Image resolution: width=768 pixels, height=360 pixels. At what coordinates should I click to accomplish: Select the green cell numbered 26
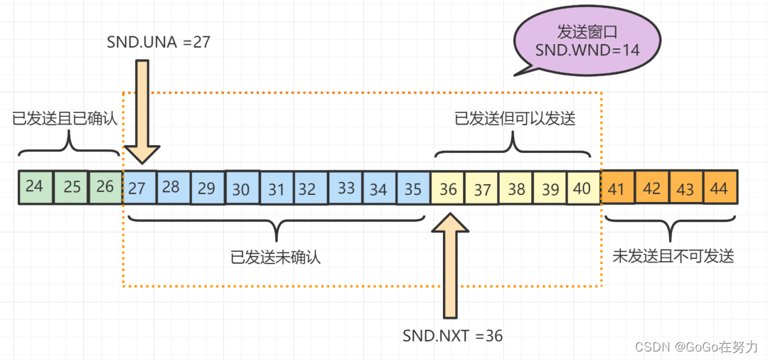(105, 187)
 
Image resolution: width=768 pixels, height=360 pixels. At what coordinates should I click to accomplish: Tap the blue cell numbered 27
(139, 188)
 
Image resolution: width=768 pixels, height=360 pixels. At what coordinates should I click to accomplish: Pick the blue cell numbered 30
(242, 189)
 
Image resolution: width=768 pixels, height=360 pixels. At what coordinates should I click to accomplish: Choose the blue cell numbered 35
(413, 189)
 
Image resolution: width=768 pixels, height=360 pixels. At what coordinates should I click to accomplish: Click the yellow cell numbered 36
(448, 189)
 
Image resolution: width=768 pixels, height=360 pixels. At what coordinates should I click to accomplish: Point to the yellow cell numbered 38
(516, 189)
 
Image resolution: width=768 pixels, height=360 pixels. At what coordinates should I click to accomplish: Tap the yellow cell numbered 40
(584, 189)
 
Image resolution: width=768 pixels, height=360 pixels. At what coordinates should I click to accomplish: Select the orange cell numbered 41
(617, 188)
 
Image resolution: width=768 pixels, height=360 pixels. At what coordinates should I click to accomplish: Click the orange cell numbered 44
(720, 188)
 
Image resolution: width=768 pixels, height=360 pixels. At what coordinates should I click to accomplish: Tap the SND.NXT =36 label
(452, 336)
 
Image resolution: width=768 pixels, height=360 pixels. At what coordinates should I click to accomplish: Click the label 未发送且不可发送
(673, 257)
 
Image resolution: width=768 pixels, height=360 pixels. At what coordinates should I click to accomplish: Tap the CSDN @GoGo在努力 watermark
(697, 346)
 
